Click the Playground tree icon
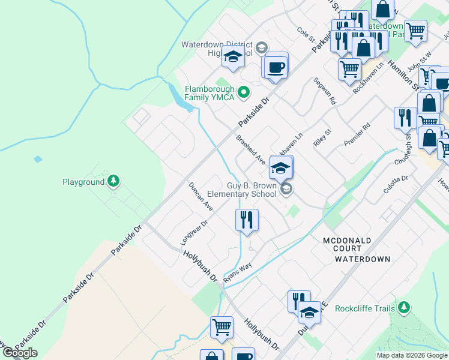pyautogui.click(x=113, y=181)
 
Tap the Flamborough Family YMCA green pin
pyautogui.click(x=243, y=92)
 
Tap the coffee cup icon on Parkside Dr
pyautogui.click(x=276, y=67)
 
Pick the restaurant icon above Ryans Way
pyautogui.click(x=247, y=220)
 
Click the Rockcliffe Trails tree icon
pyautogui.click(x=404, y=308)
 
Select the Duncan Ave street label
pyautogui.click(x=200, y=196)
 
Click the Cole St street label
pyautogui.click(x=306, y=34)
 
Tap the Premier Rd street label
pyautogui.click(x=358, y=134)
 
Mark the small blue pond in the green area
pyautogui.click(x=38, y=160)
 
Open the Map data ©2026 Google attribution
pyautogui.click(x=412, y=355)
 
